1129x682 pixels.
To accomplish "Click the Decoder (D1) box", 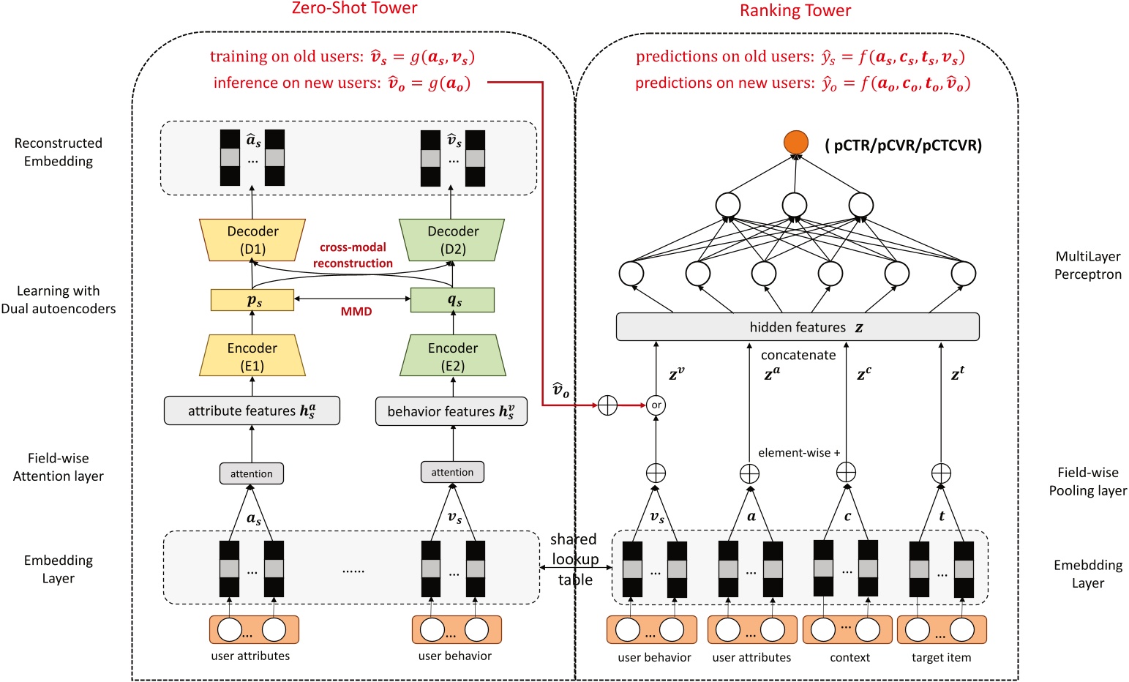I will tap(252, 240).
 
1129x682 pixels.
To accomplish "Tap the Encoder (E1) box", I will tap(252, 356).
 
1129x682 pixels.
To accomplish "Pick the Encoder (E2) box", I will tap(453, 356).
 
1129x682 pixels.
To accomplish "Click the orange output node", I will tap(795, 143).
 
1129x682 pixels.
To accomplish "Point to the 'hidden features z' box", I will tap(798, 327).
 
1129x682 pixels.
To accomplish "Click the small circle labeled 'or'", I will tap(656, 405).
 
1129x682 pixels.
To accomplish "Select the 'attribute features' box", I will tap(252, 411).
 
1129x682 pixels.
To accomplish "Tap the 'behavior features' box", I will tap(451, 411).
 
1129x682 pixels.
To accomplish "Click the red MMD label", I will tap(356, 312).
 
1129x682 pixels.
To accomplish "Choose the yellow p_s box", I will tap(252, 300).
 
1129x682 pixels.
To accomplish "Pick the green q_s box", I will tap(453, 300).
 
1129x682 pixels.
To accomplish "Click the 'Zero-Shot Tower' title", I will tap(354, 9).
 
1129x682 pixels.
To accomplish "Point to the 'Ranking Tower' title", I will tap(795, 11).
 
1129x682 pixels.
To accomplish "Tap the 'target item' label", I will tap(941, 657).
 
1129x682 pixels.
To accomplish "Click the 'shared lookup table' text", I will tap(575, 559).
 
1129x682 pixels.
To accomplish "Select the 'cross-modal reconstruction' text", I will tap(353, 255).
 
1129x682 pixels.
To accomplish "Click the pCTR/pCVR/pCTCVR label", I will tap(903, 145).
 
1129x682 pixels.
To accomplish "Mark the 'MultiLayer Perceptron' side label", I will tap(1087, 266).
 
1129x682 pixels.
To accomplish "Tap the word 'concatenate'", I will tap(798, 355).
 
